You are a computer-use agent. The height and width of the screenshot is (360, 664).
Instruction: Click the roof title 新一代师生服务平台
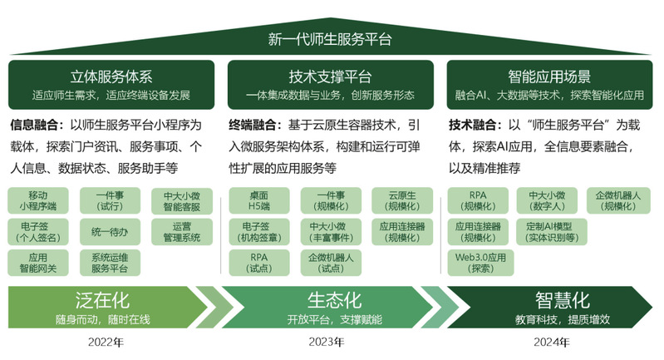point(330,39)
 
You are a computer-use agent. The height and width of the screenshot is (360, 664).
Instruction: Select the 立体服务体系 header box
point(111,85)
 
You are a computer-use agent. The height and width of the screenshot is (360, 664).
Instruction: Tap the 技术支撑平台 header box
point(330,85)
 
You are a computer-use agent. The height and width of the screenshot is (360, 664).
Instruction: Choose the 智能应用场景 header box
point(549,85)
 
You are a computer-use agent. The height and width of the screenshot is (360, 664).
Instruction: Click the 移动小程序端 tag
point(38,200)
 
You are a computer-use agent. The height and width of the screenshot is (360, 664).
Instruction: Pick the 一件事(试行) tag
point(110,200)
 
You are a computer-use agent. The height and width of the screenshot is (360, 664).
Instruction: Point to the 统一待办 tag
point(110,232)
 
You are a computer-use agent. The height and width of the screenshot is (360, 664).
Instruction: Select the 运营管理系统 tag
point(182,232)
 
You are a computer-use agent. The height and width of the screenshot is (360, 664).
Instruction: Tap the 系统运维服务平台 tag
point(110,263)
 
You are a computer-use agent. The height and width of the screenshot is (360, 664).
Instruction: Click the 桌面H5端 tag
point(259,200)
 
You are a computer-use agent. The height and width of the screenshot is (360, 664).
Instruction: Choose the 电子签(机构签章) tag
point(259,232)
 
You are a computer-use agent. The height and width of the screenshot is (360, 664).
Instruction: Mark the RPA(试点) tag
point(259,263)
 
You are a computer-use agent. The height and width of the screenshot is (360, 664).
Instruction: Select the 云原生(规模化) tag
point(402,200)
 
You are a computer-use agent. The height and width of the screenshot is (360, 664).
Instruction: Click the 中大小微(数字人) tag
point(547,200)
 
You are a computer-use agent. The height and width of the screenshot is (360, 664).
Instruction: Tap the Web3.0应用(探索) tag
point(480,263)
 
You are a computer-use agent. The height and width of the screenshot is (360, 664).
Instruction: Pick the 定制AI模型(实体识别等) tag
point(552,232)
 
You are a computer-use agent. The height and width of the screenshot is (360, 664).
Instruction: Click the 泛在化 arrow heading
point(102,300)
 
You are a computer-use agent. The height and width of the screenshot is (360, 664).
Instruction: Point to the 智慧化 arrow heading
point(563,300)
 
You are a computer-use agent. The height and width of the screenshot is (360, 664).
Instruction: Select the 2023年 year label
point(327,342)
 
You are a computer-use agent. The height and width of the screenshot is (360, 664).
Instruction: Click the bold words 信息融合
point(34,125)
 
